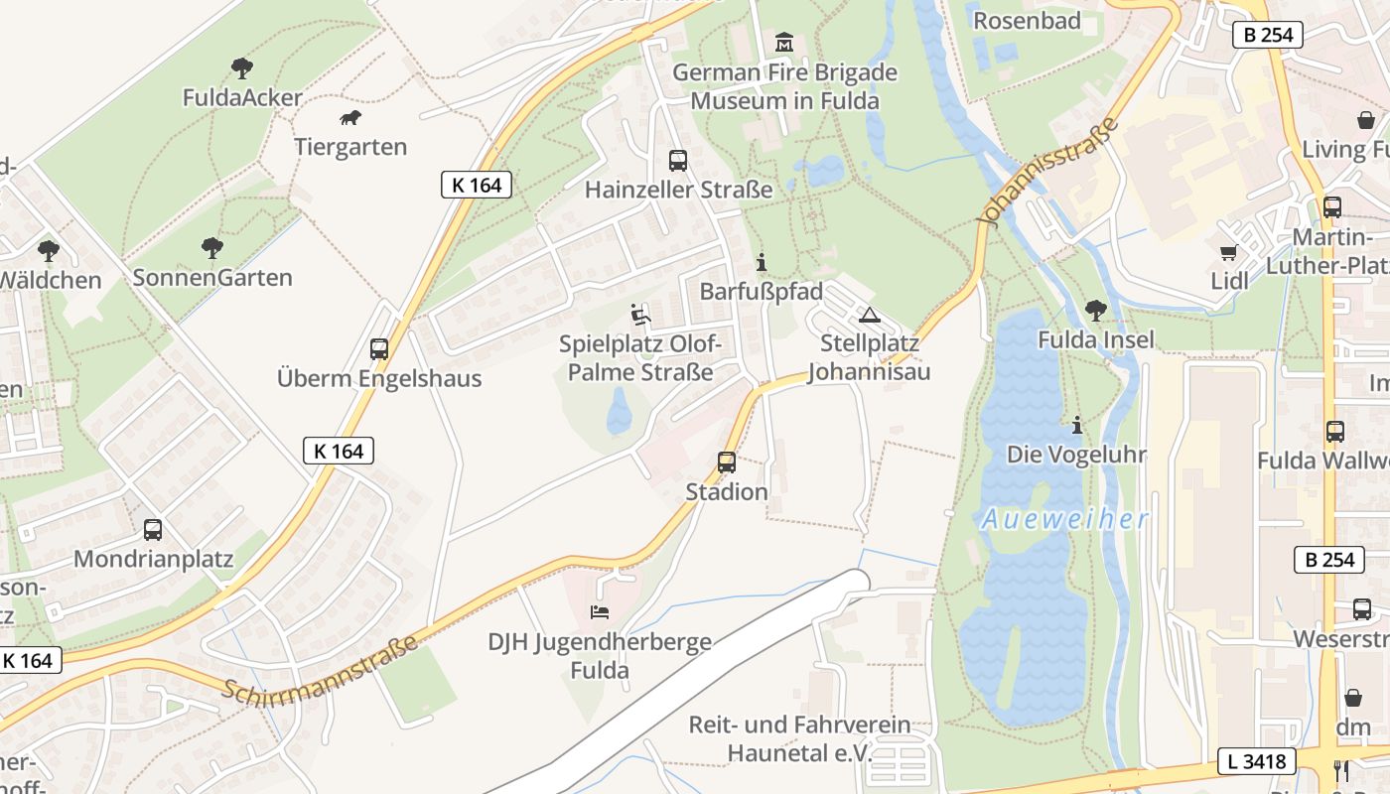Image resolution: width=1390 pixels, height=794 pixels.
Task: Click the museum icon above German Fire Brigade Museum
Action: (784, 43)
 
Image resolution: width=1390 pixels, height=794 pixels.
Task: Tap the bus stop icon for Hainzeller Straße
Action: (678, 160)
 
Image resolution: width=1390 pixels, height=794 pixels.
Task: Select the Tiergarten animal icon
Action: (350, 118)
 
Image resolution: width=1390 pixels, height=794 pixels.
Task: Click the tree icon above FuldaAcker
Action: (241, 67)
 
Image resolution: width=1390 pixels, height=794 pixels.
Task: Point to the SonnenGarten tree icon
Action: (211, 247)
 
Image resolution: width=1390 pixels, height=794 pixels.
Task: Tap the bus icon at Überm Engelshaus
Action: (378, 348)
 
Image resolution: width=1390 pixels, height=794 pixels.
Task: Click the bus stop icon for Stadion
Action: (727, 462)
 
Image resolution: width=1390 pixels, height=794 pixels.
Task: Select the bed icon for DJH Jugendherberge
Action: (600, 611)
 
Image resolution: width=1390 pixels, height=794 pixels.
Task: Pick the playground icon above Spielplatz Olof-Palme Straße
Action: (640, 315)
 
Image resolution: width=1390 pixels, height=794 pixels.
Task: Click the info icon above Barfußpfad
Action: (762, 262)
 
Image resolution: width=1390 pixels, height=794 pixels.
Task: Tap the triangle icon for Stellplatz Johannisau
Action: (870, 316)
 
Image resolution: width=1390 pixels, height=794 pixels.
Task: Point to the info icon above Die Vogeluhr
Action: (1076, 425)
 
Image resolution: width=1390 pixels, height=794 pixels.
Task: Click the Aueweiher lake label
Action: (1064, 519)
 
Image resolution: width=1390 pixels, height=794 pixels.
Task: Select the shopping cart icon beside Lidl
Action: (1229, 252)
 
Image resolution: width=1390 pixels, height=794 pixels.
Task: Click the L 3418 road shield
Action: (1257, 762)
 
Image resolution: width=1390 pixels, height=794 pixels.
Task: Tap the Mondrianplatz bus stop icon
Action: (152, 529)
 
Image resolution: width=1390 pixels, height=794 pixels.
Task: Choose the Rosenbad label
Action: (1027, 21)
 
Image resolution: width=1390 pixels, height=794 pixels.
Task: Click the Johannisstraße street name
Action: (1048, 172)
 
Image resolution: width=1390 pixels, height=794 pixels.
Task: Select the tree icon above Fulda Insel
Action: (1096, 310)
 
